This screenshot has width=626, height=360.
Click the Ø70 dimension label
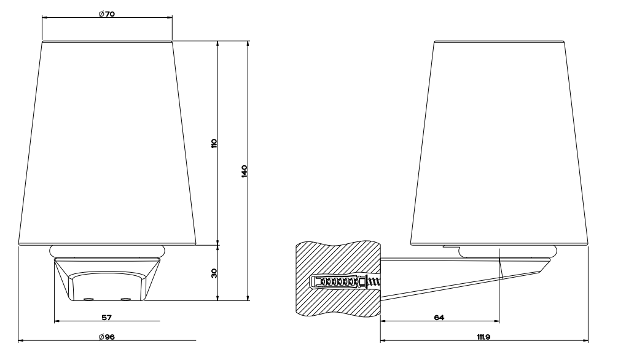pyautogui.click(x=107, y=14)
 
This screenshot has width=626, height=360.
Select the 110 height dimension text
pyautogui.click(x=214, y=144)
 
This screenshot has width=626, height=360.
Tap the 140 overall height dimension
pyautogui.click(x=245, y=171)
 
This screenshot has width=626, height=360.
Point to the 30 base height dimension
pyautogui.click(x=214, y=273)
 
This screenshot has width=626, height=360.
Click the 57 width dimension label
pyautogui.click(x=107, y=318)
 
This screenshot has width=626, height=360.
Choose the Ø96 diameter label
pyautogui.click(x=107, y=337)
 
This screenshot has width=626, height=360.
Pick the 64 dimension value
pyautogui.click(x=439, y=318)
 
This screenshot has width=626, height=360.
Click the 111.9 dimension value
pyautogui.click(x=483, y=337)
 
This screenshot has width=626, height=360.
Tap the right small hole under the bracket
pyautogui.click(x=126, y=299)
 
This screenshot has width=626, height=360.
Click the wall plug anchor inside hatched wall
pyautogui.click(x=338, y=282)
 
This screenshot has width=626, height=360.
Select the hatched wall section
pyautogui.click(x=338, y=278)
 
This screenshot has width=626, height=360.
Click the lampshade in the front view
pyautogui.click(x=107, y=143)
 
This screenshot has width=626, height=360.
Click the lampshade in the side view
pyautogui.click(x=499, y=143)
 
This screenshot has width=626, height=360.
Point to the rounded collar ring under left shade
pyautogui.click(x=107, y=251)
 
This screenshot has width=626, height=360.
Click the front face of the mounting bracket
pyautogui.click(x=107, y=286)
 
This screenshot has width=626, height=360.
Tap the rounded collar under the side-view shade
pyautogui.click(x=508, y=251)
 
